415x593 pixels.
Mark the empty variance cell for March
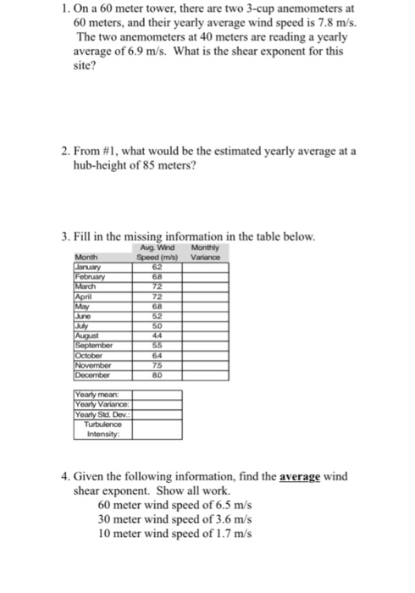pyautogui.click(x=204, y=285)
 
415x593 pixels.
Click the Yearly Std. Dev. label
pyautogui.click(x=101, y=416)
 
